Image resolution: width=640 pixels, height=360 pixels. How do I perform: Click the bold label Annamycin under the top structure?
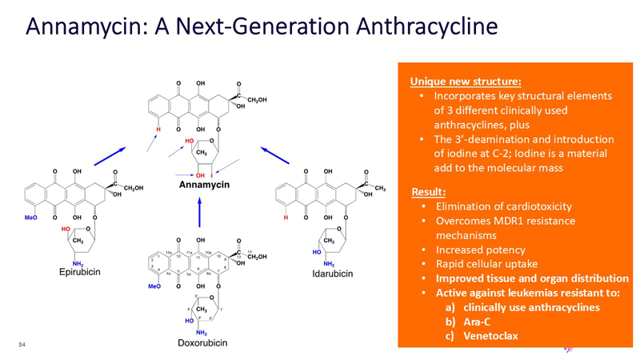[x=204, y=184]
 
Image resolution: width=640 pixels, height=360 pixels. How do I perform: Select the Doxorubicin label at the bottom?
[x=202, y=343]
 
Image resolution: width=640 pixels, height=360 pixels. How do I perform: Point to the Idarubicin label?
[x=331, y=274]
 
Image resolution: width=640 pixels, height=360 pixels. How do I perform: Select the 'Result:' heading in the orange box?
[x=430, y=191]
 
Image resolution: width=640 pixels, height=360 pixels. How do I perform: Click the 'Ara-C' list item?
[x=478, y=322]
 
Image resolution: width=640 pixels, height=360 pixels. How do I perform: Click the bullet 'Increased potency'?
[x=480, y=250]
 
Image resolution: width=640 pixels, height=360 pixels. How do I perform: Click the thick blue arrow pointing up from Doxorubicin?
[x=199, y=211]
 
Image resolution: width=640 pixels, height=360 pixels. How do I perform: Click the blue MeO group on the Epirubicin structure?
[x=30, y=217]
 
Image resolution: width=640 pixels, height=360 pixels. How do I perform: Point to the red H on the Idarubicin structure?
[x=286, y=217]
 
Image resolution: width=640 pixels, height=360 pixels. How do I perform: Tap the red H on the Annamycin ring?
[x=158, y=128]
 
